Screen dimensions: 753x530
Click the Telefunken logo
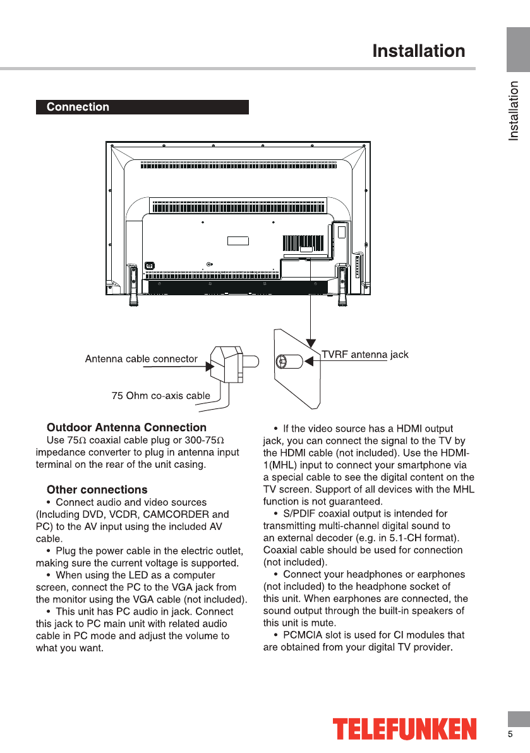pos(404,728)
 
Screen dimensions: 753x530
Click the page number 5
pos(510,734)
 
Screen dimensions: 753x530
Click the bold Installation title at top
pos(418,51)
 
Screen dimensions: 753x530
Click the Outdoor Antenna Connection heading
pos(126,427)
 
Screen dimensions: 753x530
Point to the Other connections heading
pos(97,489)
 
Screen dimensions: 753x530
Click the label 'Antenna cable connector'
pos(141,359)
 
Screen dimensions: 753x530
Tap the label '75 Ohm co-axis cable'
pos(160,396)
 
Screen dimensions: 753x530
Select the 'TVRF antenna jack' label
pos(365,355)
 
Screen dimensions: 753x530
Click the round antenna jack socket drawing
pos(283,362)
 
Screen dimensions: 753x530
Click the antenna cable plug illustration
pos(227,364)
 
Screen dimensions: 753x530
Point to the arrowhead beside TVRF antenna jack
pos(310,362)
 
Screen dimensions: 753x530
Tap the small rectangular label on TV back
pos(238,241)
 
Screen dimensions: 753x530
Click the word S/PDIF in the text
pos(299,513)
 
